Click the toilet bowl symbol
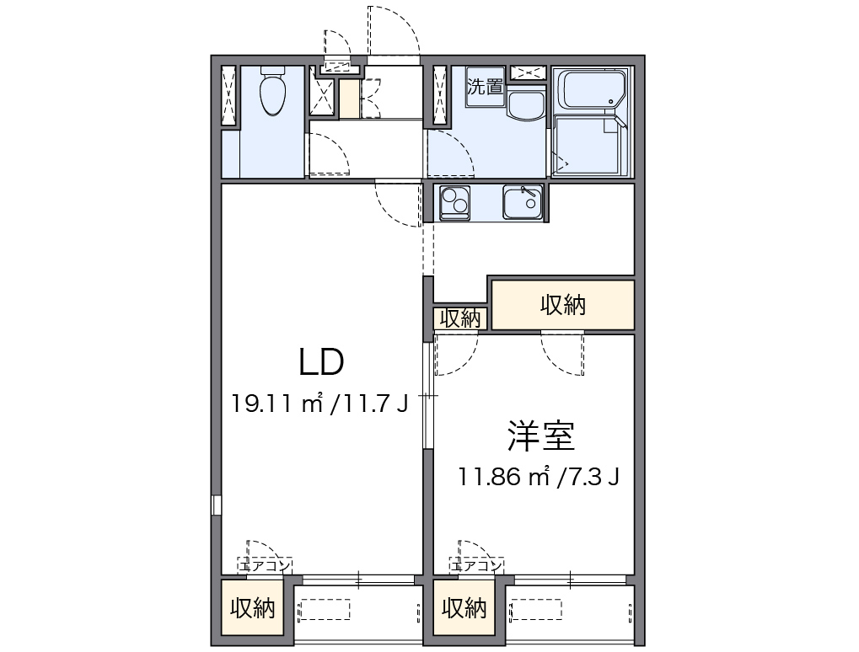[272, 94]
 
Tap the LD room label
[321, 362]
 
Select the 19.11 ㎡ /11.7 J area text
[320, 404]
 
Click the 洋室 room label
[540, 436]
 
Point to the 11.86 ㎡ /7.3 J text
[540, 478]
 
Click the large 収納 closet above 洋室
[562, 305]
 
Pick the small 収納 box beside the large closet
[459, 318]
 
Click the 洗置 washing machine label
[486, 87]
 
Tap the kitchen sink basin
[523, 202]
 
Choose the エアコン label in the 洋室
[478, 565]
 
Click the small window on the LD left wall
[216, 505]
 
